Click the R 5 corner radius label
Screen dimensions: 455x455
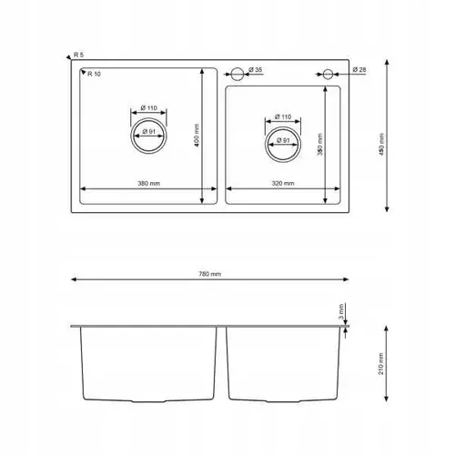(78, 55)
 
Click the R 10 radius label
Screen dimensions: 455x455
(94, 74)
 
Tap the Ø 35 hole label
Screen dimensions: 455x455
(256, 70)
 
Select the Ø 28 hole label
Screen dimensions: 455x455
(359, 70)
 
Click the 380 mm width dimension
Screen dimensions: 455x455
(148, 184)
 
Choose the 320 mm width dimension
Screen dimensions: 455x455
(283, 184)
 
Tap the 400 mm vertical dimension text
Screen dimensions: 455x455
(197, 136)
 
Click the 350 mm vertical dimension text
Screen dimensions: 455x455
(320, 145)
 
